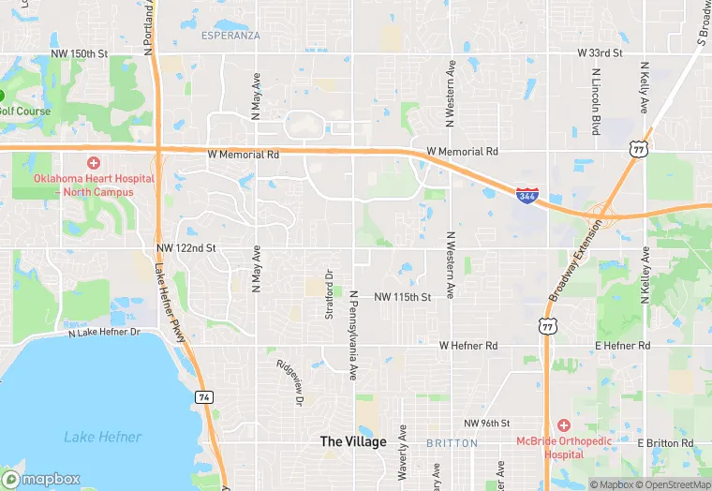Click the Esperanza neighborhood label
point(230,36)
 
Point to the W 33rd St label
point(600,53)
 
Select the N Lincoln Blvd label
point(596,102)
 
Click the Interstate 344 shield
point(527,197)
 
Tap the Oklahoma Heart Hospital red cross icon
point(94,163)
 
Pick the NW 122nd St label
point(186,248)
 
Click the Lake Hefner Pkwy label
point(171,299)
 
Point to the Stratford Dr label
point(329,294)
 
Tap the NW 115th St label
point(402,297)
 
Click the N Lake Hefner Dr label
point(104,332)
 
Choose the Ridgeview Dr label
point(289,382)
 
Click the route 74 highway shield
point(204,398)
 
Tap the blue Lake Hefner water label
point(103,437)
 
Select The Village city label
point(353,441)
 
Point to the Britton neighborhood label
point(452,442)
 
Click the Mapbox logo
point(40,479)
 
